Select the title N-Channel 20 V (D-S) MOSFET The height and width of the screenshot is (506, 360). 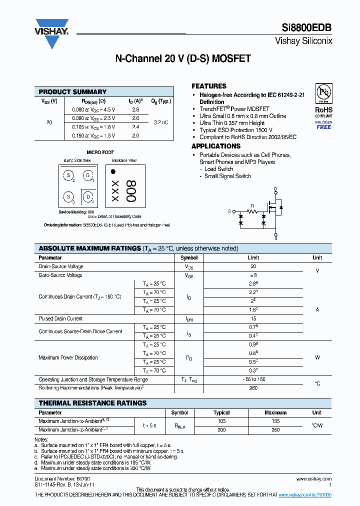coord(183,59)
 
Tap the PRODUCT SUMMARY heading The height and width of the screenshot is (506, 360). coord(72,92)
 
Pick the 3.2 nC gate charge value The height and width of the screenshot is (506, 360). coord(161,122)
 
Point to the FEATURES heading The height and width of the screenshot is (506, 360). coord(209,86)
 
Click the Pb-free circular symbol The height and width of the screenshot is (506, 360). coord(323,93)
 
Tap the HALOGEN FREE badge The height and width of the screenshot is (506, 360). coord(323,124)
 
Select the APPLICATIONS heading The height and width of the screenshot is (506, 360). coord(216,146)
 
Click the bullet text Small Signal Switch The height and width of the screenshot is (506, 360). coord(227,176)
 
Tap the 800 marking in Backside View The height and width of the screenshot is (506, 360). coord(130,191)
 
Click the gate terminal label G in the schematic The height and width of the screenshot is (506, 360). coord(229,211)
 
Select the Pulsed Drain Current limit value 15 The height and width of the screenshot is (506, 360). coord(253,318)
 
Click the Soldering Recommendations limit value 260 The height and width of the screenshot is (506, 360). coord(253,388)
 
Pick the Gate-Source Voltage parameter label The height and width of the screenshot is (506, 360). coord(60,275)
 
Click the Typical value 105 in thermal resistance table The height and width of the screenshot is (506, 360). coord(221,421)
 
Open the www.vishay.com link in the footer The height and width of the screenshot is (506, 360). coord(313,479)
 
